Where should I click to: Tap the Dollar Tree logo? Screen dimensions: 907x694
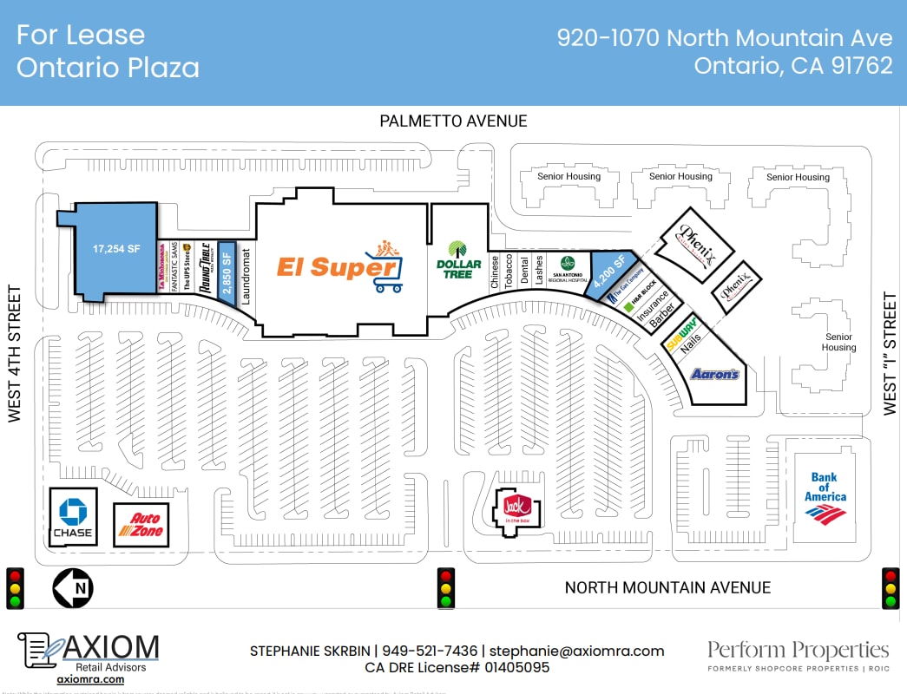click(x=458, y=258)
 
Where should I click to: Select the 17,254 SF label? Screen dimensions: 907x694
click(x=116, y=248)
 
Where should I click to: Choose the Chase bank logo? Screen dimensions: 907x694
click(x=72, y=516)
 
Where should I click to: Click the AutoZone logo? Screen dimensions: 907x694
click(x=141, y=524)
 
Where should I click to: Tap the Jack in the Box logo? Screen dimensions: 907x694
click(x=517, y=507)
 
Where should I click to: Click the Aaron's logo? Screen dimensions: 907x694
click(x=714, y=374)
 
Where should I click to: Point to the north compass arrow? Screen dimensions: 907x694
click(x=73, y=588)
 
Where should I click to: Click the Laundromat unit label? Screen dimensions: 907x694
click(x=246, y=276)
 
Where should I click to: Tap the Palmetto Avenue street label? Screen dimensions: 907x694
click(x=453, y=121)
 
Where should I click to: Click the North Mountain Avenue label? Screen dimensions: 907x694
click(x=667, y=588)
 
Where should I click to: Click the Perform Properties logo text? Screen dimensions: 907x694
click(x=798, y=651)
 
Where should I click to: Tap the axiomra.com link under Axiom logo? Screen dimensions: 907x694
click(x=90, y=680)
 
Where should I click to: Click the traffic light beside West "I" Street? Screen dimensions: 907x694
click(x=891, y=588)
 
